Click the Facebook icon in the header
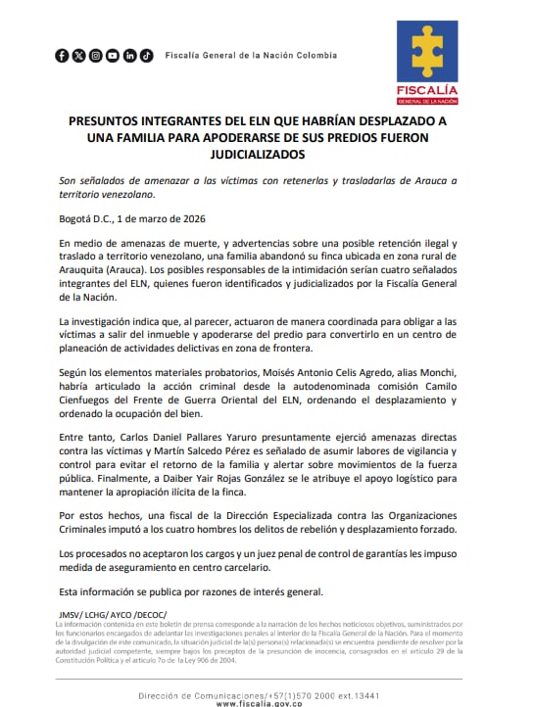point(62,56)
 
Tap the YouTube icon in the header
point(113,56)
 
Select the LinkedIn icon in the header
point(129,56)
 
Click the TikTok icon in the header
point(146,56)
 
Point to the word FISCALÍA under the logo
point(426,90)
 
